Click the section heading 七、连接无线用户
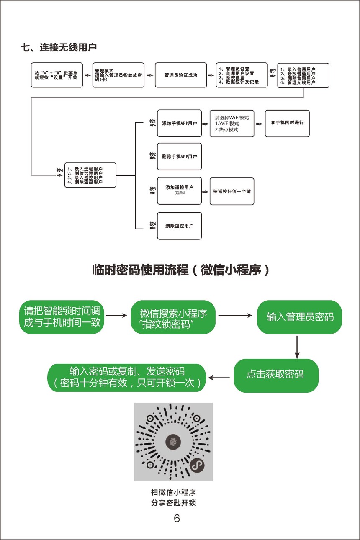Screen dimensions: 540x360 click(59, 47)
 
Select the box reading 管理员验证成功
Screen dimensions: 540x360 click(181, 75)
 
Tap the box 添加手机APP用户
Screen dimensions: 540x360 click(179, 123)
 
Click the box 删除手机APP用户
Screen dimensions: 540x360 click(179, 157)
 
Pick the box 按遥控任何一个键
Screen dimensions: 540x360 click(231, 191)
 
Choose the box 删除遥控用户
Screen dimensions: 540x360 click(179, 226)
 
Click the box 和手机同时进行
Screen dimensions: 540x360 click(287, 123)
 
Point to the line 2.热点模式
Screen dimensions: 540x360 click(226, 130)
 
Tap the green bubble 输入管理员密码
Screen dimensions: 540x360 click(300, 317)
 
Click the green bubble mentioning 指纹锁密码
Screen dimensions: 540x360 click(173, 317)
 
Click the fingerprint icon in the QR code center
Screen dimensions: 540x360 click(173, 441)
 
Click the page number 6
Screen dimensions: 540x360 click(177, 518)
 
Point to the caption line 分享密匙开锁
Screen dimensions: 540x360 click(173, 503)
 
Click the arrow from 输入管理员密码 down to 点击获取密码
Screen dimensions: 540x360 click(297, 346)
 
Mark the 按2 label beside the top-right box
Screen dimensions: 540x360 click(273, 71)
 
